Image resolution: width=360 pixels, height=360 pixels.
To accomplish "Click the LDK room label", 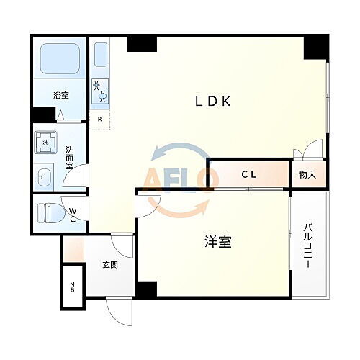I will click(212, 101).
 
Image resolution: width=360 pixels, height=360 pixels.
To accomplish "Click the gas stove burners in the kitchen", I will click(100, 91).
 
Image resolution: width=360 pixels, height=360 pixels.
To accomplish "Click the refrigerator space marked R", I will click(100, 118).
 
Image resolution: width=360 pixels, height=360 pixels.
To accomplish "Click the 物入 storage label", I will click(308, 174).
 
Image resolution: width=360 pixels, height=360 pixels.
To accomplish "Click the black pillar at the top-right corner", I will click(315, 47).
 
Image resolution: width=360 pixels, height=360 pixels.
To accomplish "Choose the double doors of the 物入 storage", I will click(303, 153).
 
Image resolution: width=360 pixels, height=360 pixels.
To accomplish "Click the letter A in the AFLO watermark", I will click(156, 179).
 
